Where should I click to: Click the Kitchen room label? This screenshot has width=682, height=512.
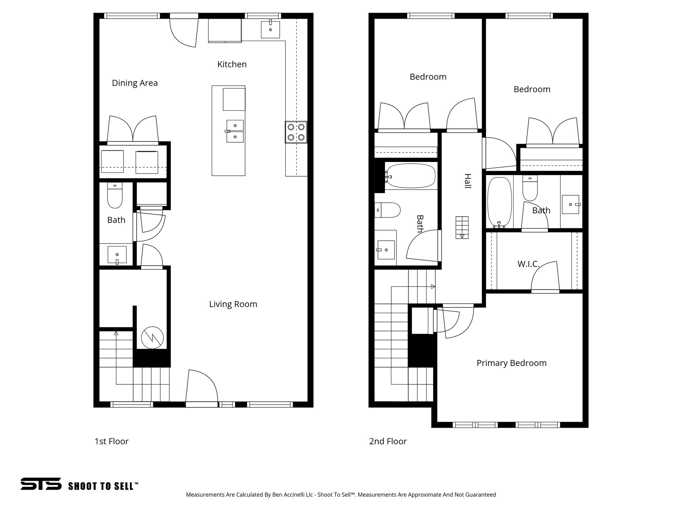[232, 64]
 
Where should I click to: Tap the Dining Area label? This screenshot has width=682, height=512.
[135, 83]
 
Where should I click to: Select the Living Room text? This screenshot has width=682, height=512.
[233, 304]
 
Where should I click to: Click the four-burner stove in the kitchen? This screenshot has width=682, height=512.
[296, 132]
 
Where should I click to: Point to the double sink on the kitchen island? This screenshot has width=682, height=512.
[235, 131]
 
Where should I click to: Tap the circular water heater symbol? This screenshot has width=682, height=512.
[152, 337]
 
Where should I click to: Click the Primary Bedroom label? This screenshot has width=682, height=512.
[511, 363]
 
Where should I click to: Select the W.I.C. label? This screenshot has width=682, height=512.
[528, 264]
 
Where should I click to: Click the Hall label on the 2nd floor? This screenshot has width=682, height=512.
[467, 181]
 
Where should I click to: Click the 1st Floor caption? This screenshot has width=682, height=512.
[111, 441]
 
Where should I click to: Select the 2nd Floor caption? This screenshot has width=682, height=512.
[388, 441]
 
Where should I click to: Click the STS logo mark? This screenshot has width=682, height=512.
[41, 484]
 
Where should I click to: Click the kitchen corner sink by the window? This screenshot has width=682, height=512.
[270, 29]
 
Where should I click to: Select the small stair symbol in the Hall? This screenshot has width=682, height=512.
[462, 227]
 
